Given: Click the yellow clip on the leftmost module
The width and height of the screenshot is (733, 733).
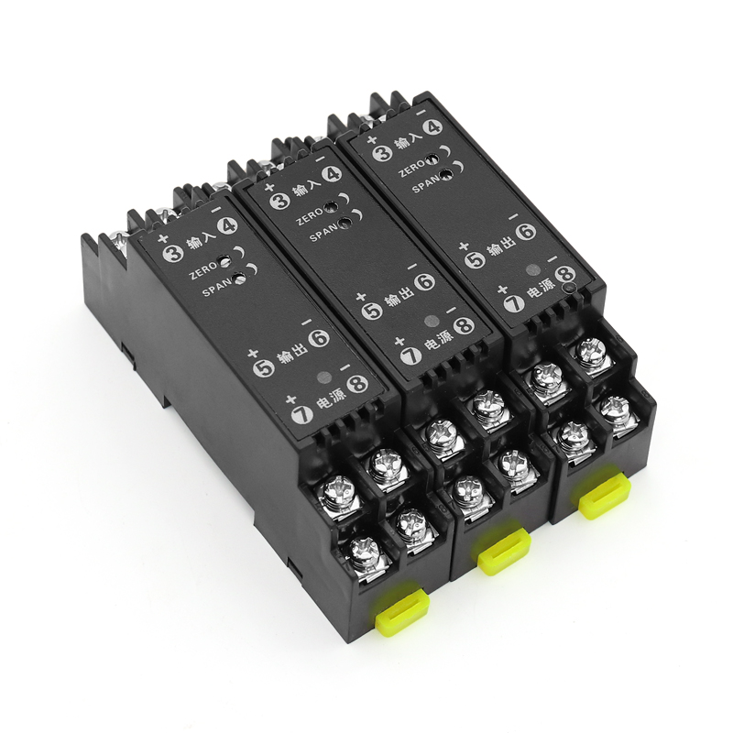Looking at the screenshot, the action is pyautogui.click(x=402, y=607).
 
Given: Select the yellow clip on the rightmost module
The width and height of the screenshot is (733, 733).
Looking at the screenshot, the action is pyautogui.click(x=605, y=496).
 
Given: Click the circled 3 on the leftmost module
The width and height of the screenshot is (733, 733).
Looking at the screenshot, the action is pyautogui.click(x=171, y=253).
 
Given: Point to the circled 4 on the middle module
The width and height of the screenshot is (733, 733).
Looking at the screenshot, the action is pyautogui.click(x=333, y=174).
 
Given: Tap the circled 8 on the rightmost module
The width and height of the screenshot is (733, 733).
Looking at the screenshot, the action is pyautogui.click(x=565, y=275).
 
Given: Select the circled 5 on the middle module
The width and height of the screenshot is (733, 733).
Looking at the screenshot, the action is pyautogui.click(x=374, y=312).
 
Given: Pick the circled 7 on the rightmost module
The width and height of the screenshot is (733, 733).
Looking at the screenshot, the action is pyautogui.click(x=515, y=304).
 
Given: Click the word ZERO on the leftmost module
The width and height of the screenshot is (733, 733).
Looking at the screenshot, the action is pyautogui.click(x=202, y=270).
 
